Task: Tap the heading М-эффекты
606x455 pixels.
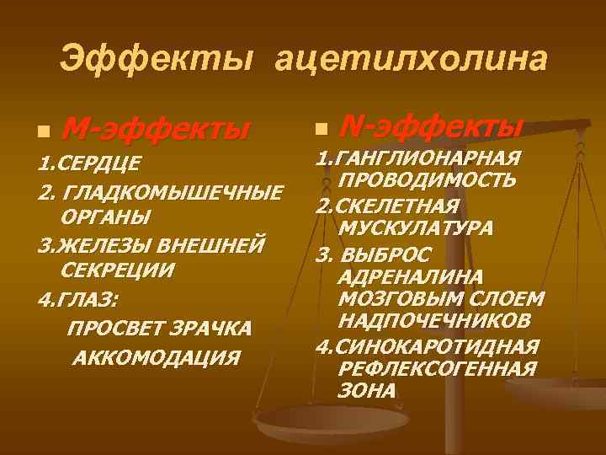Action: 157,130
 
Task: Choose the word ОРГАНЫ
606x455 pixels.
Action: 106,217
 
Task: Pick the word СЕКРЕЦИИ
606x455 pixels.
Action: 119,270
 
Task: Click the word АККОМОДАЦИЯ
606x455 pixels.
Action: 157,356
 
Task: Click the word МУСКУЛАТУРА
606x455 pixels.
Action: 416,228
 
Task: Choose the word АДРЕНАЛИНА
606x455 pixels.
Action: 409,276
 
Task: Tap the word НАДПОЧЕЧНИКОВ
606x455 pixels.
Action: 434,322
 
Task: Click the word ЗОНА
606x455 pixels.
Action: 365,390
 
